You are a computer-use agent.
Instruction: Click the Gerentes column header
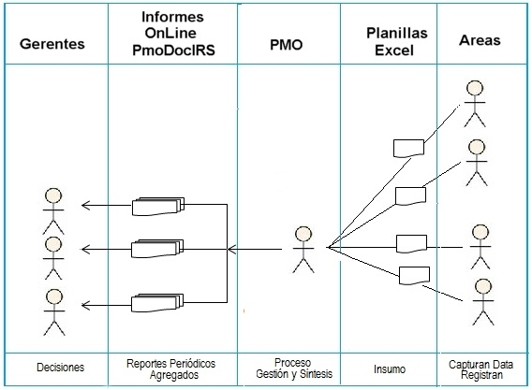coord(52,44)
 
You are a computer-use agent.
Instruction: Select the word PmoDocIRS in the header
coord(173,51)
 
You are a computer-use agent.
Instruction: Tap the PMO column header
coord(286,45)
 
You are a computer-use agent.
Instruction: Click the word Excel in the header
coord(394,51)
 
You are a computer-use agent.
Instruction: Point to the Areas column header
coord(480,40)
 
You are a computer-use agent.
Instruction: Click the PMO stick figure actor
coord(303,250)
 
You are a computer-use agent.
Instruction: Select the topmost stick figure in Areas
coord(475,104)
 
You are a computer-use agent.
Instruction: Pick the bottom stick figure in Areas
coord(483,302)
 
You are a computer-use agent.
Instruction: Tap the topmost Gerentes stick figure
coord(53,211)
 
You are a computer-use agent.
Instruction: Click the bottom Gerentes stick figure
coord(54,312)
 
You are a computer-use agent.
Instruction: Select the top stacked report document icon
coord(158,206)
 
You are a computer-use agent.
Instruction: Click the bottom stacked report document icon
coord(157,303)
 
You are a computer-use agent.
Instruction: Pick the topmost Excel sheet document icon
coord(408,149)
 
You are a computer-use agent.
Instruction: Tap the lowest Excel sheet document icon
coord(414,276)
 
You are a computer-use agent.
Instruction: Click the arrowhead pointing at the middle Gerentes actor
coord(85,250)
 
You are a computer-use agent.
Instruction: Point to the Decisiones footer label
coord(60,368)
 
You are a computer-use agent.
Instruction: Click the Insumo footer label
coord(390,369)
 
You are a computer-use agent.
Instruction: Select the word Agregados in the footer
coord(174,375)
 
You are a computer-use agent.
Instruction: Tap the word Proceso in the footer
coord(292,363)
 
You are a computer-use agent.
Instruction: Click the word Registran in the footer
coord(481,375)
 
